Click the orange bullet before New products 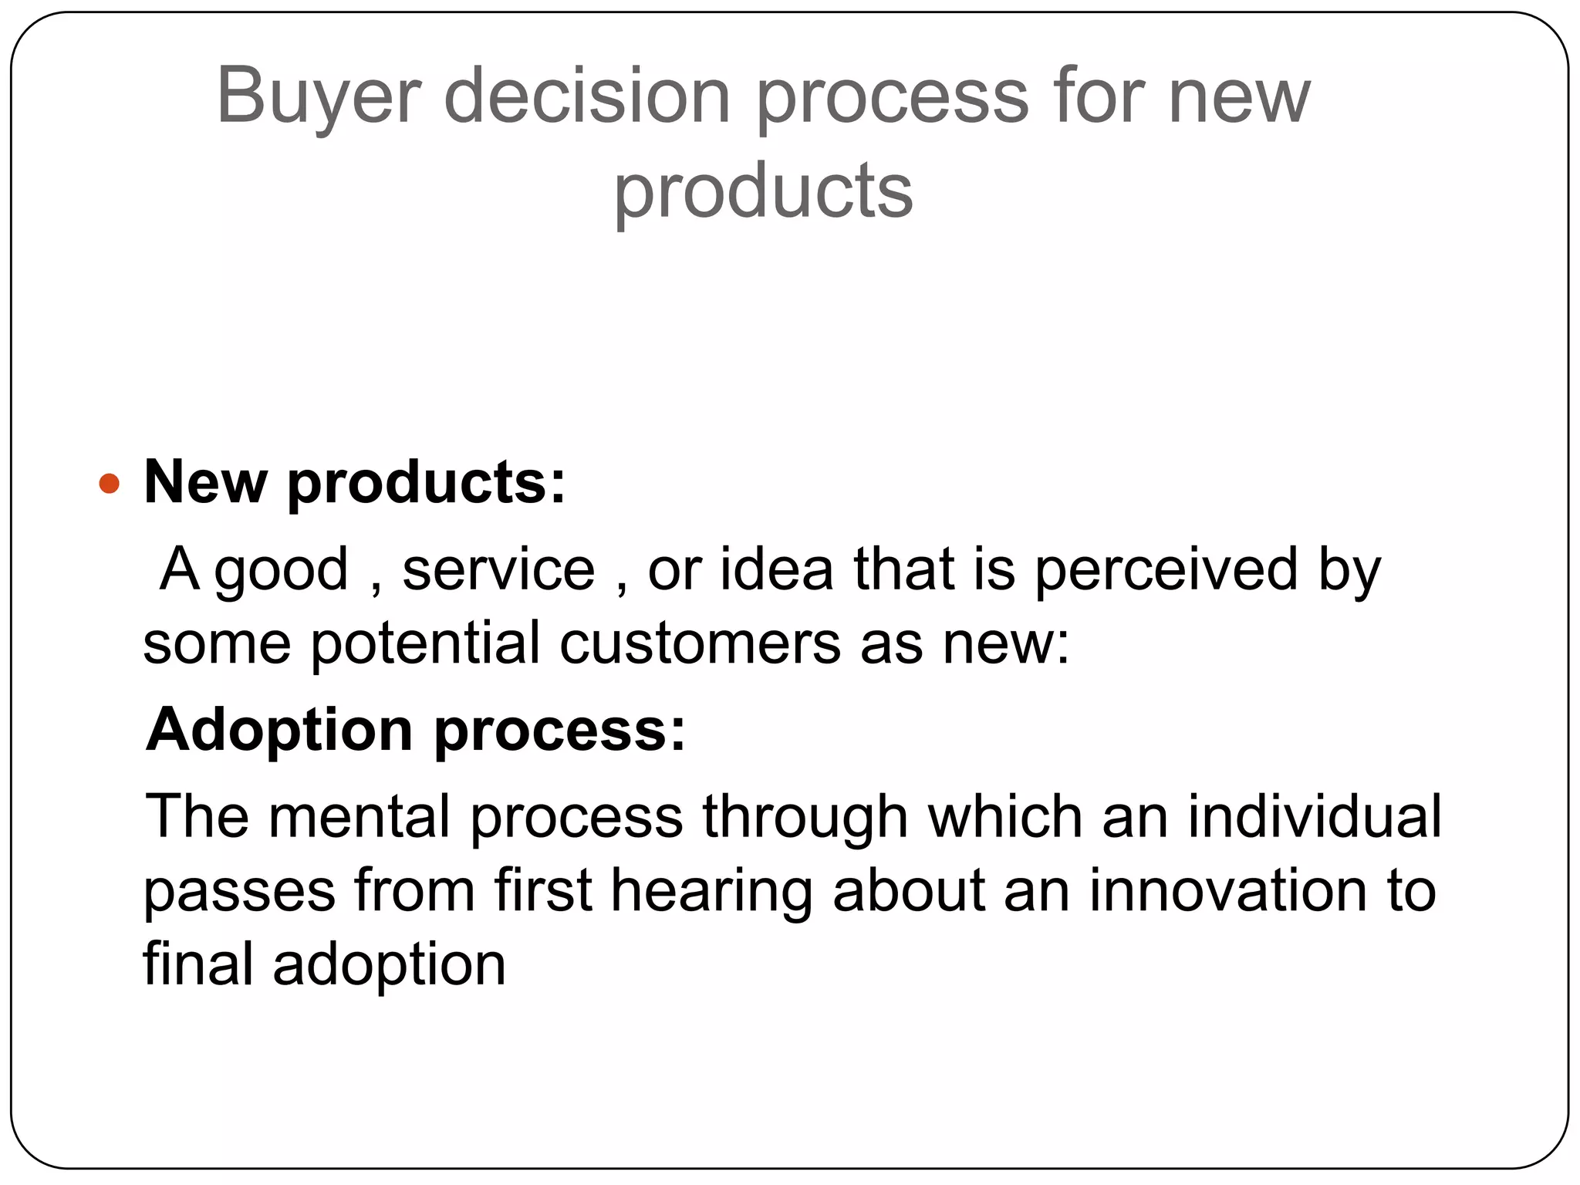coord(110,484)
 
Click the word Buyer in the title coord(319,96)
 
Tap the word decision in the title coord(587,96)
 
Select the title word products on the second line coord(763,191)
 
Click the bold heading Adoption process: coord(416,729)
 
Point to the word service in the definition coord(498,569)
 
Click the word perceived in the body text coord(1166,569)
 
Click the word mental coord(359,816)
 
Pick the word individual coord(1314,816)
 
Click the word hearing coord(711,892)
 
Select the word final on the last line coord(198,964)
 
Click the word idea coord(777,569)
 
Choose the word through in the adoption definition coord(805,818)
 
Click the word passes coord(239,892)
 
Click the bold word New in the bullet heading coord(205,483)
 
